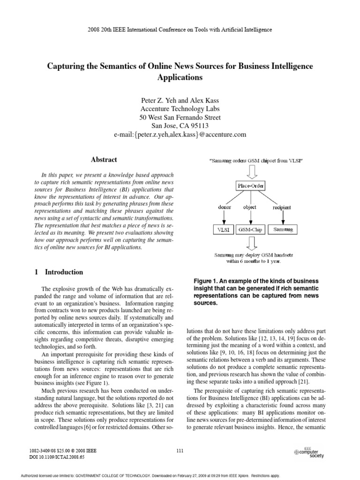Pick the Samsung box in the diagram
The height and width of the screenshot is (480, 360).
[x=283, y=230]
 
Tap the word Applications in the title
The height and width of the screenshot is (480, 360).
[x=180, y=78]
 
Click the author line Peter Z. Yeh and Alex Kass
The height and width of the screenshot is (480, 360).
[x=180, y=100]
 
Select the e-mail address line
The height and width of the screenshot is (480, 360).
[x=180, y=135]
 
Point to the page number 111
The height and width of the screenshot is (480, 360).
[x=180, y=451]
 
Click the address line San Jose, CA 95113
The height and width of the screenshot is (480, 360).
[x=180, y=126]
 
